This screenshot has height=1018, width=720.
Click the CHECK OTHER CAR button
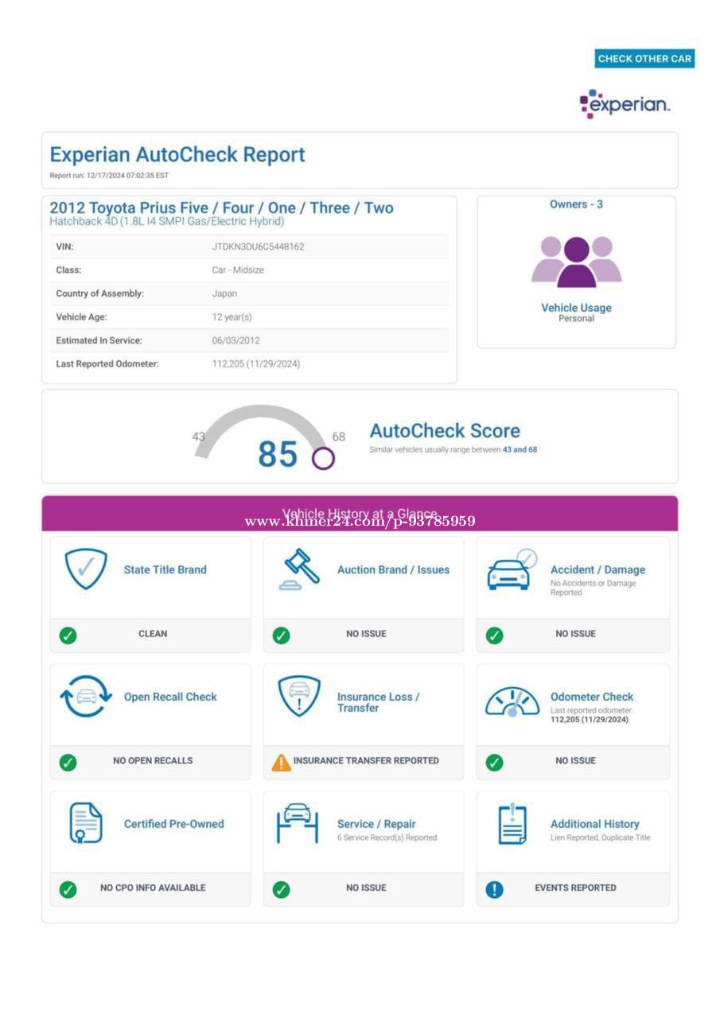click(x=644, y=58)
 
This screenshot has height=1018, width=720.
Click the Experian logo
click(x=625, y=104)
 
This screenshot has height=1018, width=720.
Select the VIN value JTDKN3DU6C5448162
click(x=258, y=247)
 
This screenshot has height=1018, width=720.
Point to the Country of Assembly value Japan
click(x=224, y=293)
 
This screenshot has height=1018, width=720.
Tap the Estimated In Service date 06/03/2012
click(x=235, y=340)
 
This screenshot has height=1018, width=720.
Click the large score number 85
click(x=277, y=454)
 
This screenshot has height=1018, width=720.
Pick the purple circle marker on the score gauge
click(x=323, y=458)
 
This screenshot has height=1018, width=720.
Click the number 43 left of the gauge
click(x=198, y=436)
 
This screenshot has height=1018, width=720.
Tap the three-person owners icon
click(x=576, y=261)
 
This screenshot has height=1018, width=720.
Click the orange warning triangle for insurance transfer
click(x=281, y=762)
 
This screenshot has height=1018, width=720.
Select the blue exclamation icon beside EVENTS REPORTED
click(x=494, y=889)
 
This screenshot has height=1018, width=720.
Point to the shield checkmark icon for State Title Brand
click(x=86, y=568)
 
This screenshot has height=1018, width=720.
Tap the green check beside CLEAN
click(x=68, y=635)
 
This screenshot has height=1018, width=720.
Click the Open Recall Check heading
click(x=170, y=697)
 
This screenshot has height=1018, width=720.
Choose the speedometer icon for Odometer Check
click(x=512, y=701)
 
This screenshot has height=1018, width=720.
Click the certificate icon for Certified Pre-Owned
click(x=86, y=824)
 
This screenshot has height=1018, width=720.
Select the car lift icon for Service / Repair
click(x=298, y=822)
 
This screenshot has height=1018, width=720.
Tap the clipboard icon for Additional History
click(x=512, y=824)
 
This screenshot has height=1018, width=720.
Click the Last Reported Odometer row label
click(x=107, y=363)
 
